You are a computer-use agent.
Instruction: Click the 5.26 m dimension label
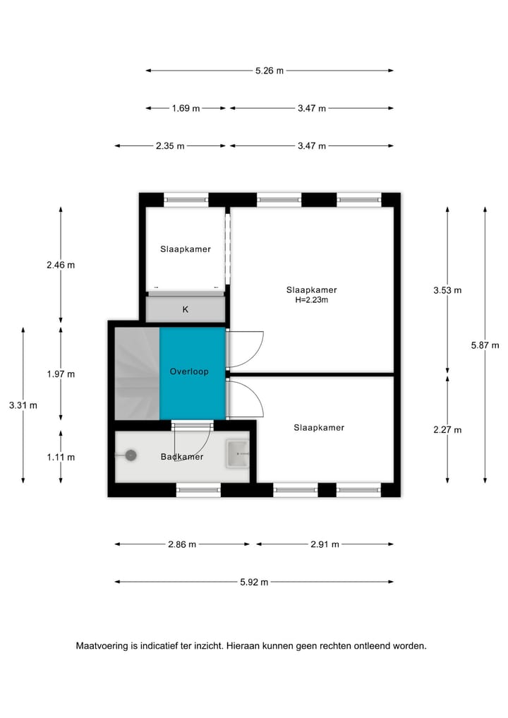click(x=269, y=71)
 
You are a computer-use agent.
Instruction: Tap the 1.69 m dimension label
click(x=186, y=109)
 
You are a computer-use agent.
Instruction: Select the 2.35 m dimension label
click(x=170, y=146)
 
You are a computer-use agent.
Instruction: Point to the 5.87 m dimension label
click(x=485, y=345)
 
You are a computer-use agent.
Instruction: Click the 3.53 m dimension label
click(x=447, y=290)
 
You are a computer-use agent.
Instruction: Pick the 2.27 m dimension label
click(x=447, y=430)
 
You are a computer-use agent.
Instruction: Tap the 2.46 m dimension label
click(x=61, y=265)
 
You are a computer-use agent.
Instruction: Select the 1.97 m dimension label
click(x=61, y=374)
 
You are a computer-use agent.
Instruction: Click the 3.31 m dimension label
click(x=23, y=405)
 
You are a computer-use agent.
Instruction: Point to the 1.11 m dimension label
click(x=61, y=457)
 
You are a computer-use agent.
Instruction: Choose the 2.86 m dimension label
click(x=182, y=544)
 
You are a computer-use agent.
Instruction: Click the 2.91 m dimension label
click(x=325, y=544)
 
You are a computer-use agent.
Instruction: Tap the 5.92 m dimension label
click(x=254, y=582)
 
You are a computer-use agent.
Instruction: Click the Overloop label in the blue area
click(x=189, y=371)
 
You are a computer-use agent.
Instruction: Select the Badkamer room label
click(x=181, y=457)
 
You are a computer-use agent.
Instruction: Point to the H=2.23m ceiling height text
click(x=311, y=300)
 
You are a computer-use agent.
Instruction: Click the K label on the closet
click(x=185, y=309)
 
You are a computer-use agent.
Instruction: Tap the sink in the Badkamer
click(x=237, y=454)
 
